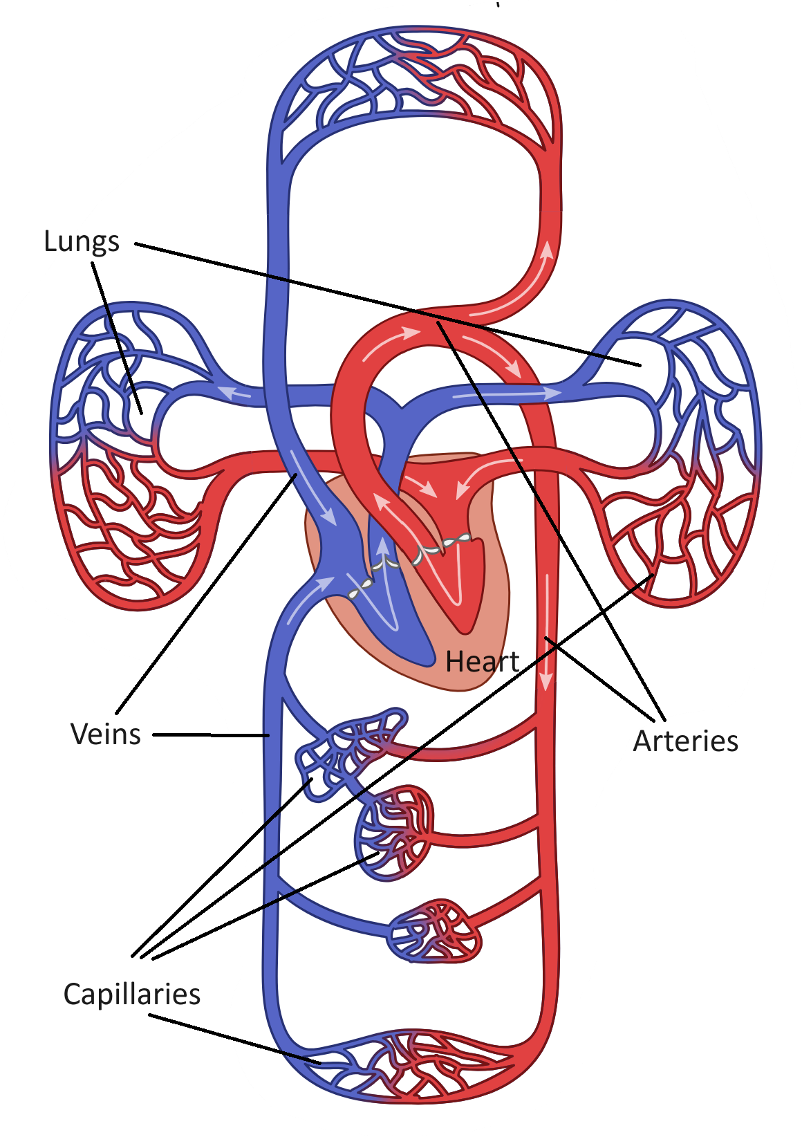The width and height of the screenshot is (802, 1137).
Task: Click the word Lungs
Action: (82, 242)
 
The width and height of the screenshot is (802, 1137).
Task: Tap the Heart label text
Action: (482, 662)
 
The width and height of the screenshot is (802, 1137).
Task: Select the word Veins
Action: (106, 734)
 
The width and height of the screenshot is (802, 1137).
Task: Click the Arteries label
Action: (685, 741)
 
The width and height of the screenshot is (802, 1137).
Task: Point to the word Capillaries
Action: (132, 995)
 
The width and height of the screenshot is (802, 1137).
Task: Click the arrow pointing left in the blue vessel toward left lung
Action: (235, 394)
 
